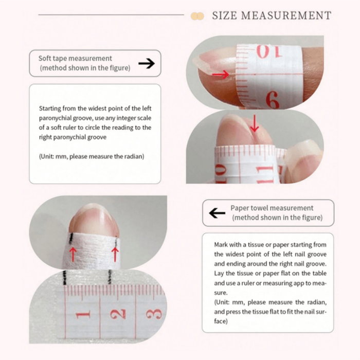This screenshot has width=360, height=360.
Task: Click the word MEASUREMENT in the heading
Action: [286, 15]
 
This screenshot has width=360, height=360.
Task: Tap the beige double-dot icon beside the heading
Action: [197, 16]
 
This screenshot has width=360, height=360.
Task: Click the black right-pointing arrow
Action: [147, 63]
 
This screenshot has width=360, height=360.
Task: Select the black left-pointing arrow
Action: [217, 213]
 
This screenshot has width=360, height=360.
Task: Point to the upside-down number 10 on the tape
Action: [268, 51]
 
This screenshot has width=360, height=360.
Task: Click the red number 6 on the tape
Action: [273, 100]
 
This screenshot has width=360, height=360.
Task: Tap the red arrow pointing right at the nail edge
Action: [221, 75]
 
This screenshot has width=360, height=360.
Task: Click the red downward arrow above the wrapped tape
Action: [255, 123]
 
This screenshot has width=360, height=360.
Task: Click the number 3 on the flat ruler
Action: [154, 314]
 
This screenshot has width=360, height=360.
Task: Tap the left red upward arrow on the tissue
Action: [73, 254]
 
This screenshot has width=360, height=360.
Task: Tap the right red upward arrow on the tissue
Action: [115, 254]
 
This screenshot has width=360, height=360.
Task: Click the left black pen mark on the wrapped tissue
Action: [71, 238]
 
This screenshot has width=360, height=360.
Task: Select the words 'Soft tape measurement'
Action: [75, 58]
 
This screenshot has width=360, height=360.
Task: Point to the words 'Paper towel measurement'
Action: [272, 208]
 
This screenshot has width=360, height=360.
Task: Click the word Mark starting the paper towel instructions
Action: [221, 245]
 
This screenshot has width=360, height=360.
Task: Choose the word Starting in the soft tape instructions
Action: [50, 109]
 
